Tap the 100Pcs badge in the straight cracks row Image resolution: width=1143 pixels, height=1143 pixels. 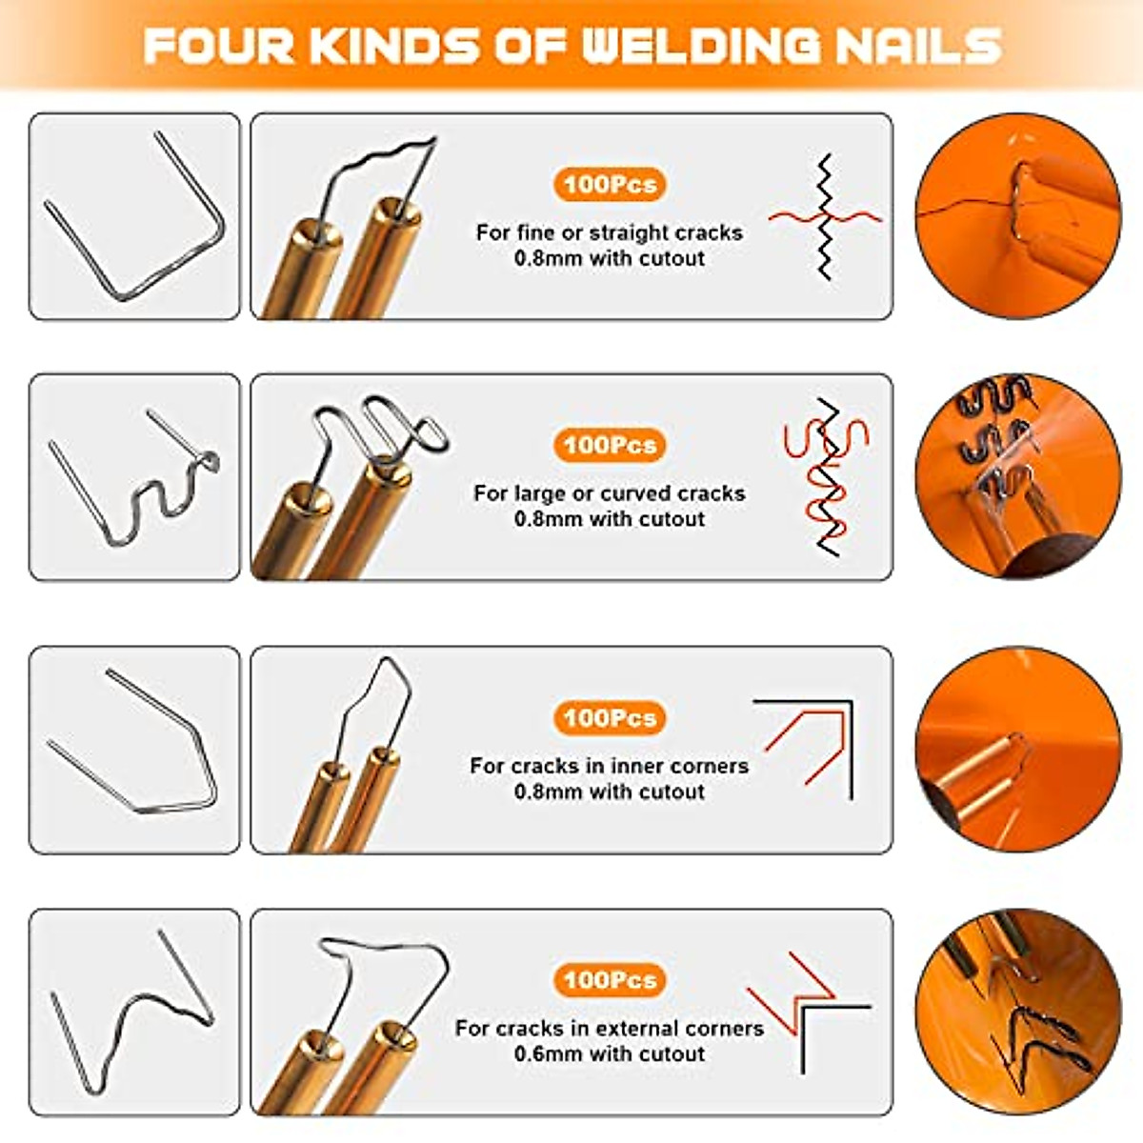coord(610,184)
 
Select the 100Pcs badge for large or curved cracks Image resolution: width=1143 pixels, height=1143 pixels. coord(610,445)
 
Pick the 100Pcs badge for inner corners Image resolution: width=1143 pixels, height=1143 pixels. coord(610,717)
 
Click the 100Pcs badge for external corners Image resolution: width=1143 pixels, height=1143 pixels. coord(610,979)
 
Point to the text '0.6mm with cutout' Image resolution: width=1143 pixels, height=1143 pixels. coord(610,1054)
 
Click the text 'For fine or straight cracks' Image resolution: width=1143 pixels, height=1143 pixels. coord(610,232)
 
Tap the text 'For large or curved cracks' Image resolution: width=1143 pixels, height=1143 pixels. coord(610,493)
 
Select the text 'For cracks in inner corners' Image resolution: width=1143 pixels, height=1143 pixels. coord(610,766)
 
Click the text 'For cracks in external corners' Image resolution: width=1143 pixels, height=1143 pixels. coord(610,1029)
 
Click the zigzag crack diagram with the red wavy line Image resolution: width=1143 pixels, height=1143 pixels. coord(825,217)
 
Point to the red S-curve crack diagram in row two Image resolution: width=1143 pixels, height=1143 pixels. coord(825,476)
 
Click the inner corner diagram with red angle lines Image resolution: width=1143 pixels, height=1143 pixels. coord(810,748)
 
